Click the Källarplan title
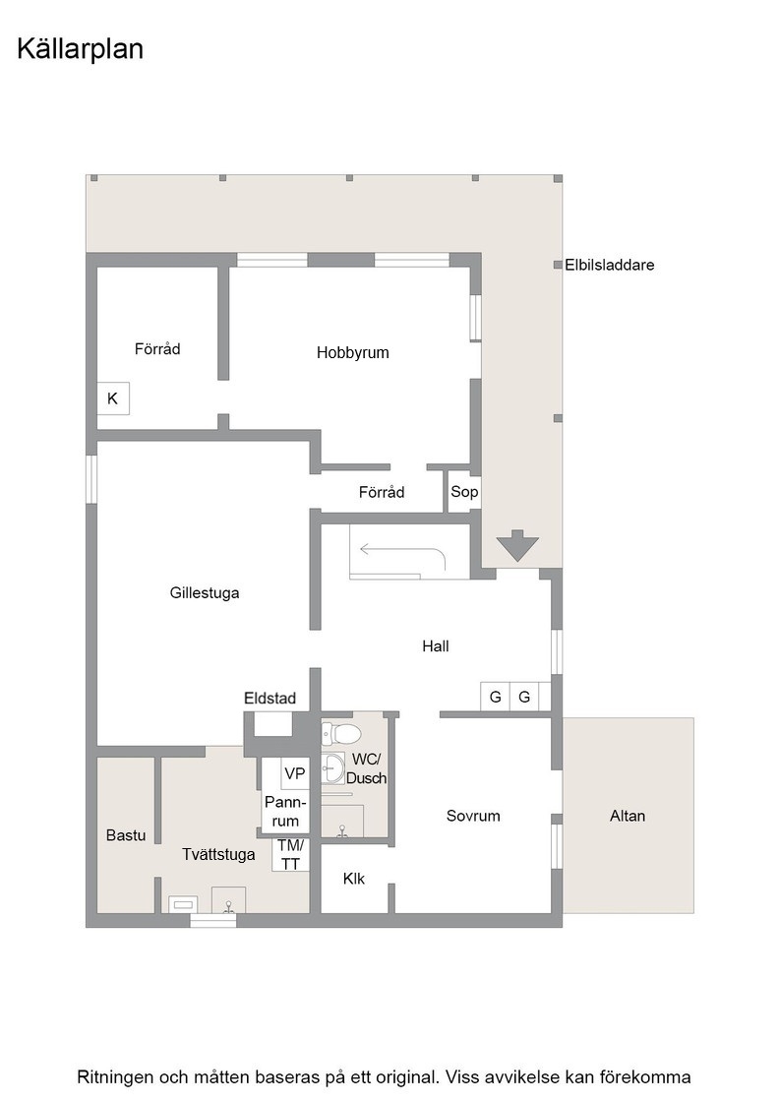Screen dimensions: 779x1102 (80, 49)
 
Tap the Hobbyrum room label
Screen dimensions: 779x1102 (353, 353)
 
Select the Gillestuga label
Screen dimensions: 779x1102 (205, 592)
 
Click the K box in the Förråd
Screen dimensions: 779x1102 (113, 398)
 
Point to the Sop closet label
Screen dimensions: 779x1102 (464, 492)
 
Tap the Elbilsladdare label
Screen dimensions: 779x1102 (609, 265)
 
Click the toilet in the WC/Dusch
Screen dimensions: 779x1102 (341, 734)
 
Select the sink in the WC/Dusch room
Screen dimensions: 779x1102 (333, 768)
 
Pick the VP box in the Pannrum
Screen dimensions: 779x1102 (295, 773)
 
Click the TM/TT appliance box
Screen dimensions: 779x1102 (290, 855)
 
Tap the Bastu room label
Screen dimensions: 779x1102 (126, 835)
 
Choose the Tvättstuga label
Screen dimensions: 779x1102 (218, 855)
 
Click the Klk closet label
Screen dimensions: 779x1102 (354, 879)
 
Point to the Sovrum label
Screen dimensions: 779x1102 (473, 816)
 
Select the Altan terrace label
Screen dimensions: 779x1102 (628, 816)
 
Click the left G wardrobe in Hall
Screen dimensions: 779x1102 (495, 698)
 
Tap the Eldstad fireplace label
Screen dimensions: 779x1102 (270, 698)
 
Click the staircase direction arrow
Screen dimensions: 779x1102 (401, 550)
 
